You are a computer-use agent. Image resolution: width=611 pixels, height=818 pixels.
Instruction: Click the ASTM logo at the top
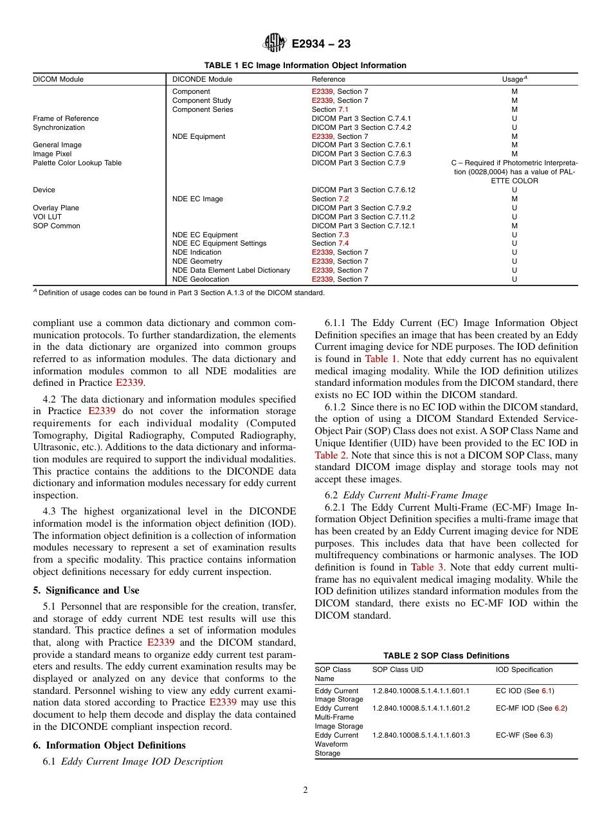point(275,44)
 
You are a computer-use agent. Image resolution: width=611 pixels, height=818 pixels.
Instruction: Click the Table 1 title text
point(305,66)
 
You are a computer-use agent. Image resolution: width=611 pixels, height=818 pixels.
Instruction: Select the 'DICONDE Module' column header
point(202,80)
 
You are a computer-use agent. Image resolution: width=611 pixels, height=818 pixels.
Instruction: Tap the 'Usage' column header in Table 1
point(513,80)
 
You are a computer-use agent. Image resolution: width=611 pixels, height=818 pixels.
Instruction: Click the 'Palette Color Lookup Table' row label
point(77,163)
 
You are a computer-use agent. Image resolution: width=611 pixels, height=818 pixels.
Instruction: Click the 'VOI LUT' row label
point(48,217)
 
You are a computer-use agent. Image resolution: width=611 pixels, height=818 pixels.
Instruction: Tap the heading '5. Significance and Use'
point(86,590)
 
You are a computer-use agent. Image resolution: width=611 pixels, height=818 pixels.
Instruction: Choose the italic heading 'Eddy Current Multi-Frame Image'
point(415,495)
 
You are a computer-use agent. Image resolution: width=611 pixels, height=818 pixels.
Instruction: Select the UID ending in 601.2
point(421,709)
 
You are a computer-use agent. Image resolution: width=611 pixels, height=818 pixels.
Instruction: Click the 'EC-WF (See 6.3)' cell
point(524,736)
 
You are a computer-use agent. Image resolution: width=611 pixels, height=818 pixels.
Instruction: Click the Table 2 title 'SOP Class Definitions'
point(446,656)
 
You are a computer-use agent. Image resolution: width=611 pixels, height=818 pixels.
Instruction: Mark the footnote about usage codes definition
point(179,293)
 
